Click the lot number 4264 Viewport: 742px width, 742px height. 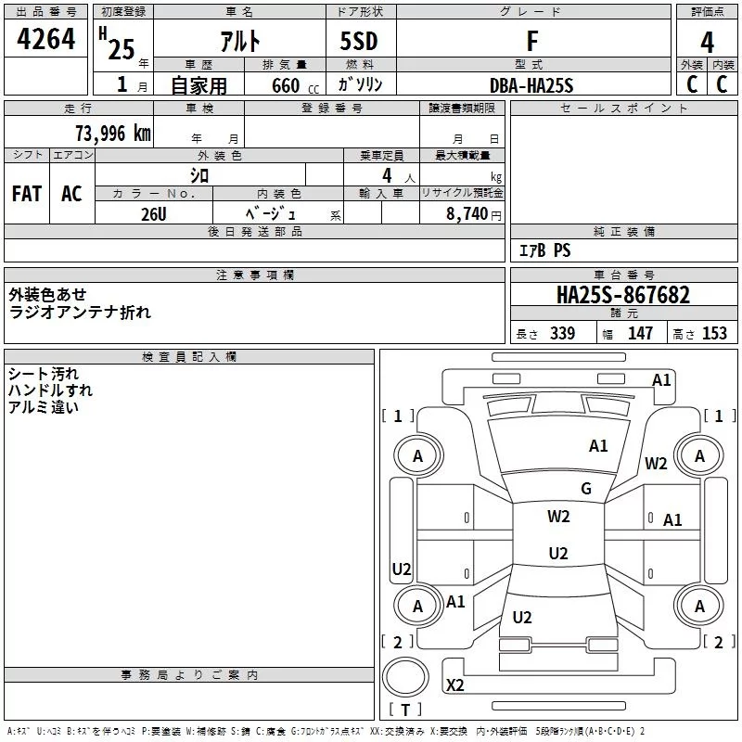click(45, 39)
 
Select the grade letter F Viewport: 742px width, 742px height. click(532, 41)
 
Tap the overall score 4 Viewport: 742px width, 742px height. click(707, 43)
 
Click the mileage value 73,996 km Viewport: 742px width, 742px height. click(113, 134)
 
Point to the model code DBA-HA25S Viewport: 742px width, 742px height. click(531, 85)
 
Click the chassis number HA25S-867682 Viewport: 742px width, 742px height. click(623, 295)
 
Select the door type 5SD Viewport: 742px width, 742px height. click(359, 41)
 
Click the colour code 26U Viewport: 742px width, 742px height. click(153, 214)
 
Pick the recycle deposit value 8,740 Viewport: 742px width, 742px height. click(467, 213)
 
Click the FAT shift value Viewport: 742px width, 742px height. click(27, 194)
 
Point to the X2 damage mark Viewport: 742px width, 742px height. click(454, 684)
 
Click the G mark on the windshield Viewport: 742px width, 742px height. click(586, 489)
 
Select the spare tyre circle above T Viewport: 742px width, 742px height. click(405, 677)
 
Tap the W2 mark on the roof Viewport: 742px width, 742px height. click(558, 517)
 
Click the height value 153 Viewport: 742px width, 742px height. click(714, 333)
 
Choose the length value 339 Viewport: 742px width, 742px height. click(562, 333)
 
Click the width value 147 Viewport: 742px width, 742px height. click(640, 333)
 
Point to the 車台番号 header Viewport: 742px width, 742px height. click(623, 275)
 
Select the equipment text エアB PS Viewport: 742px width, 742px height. click(544, 250)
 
